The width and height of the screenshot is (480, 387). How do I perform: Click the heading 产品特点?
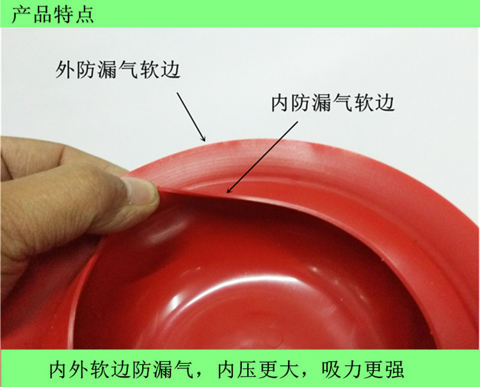(x=52, y=14)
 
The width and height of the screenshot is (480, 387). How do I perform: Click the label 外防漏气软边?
(x=118, y=69)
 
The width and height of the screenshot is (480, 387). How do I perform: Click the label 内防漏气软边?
(x=333, y=103)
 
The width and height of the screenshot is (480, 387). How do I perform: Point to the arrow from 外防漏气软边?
(x=191, y=117)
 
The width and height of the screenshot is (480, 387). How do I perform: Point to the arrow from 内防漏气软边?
(x=262, y=157)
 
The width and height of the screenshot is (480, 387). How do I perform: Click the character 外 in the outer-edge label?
(x=65, y=70)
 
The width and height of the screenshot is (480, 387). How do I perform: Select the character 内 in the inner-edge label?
(x=281, y=103)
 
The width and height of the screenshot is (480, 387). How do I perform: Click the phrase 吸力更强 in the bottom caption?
(x=363, y=370)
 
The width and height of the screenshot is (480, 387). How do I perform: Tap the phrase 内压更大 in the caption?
(x=258, y=370)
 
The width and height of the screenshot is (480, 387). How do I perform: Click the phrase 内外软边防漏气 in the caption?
(x=121, y=370)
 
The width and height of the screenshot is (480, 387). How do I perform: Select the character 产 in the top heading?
(x=21, y=14)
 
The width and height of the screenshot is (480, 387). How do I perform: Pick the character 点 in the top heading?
(x=84, y=14)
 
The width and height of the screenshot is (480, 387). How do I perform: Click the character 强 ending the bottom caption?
(x=394, y=370)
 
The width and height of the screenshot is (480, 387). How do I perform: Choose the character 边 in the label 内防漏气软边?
(x=385, y=103)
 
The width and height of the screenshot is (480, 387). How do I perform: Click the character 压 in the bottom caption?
(x=248, y=370)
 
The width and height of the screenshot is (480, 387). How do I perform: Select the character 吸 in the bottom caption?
(x=332, y=370)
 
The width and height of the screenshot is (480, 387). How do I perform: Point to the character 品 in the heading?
(x=42, y=14)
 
